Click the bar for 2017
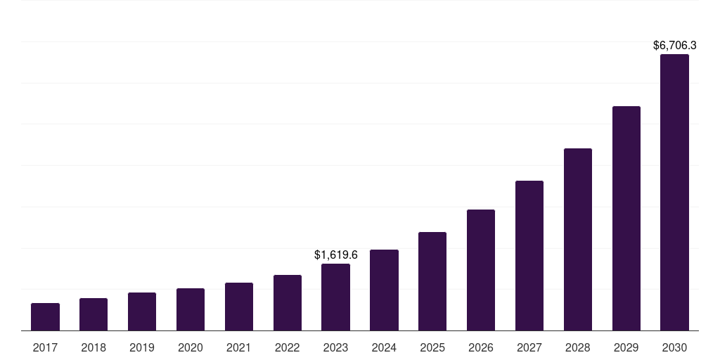point(45,317)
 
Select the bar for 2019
point(142,311)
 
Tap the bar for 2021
point(239,307)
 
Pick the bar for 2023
point(335,297)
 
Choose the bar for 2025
point(432,281)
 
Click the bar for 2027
point(529,255)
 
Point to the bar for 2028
point(578,239)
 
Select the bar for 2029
point(626,218)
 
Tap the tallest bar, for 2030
point(674,192)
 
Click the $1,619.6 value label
point(335,255)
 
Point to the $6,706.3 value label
point(674,45)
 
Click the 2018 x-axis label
point(94,347)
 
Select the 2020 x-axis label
point(191,347)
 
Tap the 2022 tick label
point(288,347)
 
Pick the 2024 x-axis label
point(384,347)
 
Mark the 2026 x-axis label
point(481,347)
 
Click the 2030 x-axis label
point(674,347)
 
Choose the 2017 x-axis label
point(45,347)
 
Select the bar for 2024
point(384,290)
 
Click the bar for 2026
point(481,270)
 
